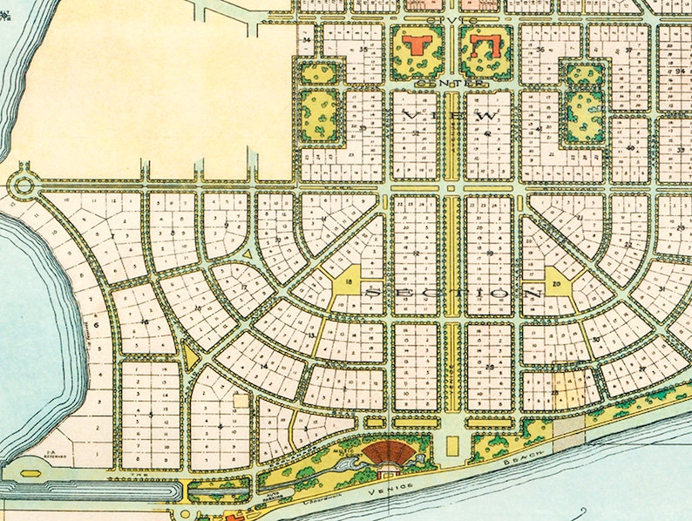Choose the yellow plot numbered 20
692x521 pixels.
pos(557,285)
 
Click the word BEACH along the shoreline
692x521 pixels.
pos(526,456)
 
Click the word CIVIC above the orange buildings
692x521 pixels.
pos(449,18)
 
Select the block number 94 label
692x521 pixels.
pos(680,71)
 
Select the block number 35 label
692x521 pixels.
pos(363,50)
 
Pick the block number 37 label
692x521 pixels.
pos(629,51)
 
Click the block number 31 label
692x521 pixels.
pos(663,289)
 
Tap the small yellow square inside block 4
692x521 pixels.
pos(241,401)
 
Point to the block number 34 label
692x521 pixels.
pos(306,40)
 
